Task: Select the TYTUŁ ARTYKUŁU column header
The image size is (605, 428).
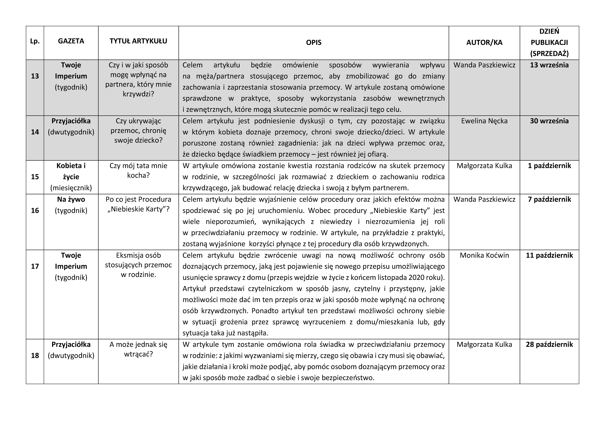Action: (138, 41)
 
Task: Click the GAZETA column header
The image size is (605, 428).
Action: (71, 41)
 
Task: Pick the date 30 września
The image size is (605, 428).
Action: (549, 121)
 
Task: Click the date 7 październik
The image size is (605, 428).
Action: (549, 199)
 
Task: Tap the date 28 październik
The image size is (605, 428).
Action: (549, 344)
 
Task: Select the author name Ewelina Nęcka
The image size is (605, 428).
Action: (484, 121)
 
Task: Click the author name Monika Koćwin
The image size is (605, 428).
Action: (484, 255)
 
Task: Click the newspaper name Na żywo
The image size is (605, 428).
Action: (71, 199)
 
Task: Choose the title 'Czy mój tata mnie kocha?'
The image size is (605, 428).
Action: (138, 170)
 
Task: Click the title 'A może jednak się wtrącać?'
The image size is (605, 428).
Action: (138, 349)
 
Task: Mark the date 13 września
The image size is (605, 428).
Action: (549, 65)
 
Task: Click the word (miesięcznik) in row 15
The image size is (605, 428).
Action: (71, 188)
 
